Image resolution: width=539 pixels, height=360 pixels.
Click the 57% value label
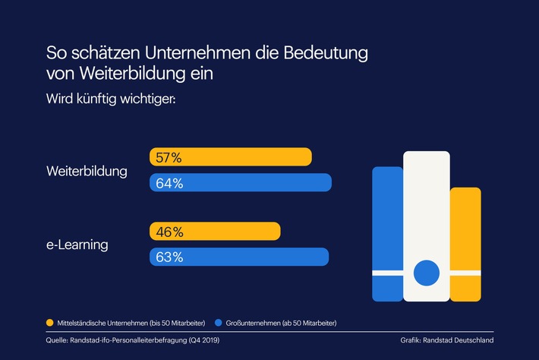tap(169, 157)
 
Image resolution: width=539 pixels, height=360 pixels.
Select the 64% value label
tap(169, 183)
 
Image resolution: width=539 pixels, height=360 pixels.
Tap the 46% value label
tap(169, 232)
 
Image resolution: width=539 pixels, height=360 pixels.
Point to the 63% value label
tap(169, 257)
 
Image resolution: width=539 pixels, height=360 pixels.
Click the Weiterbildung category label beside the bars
tap(87, 171)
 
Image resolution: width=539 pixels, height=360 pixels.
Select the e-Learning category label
tap(77, 245)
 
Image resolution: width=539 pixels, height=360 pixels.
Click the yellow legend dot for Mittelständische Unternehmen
tap(50, 323)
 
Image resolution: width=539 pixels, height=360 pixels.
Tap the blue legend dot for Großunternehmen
tap(219, 323)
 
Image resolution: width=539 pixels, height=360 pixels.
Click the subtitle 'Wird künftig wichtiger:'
tap(111, 99)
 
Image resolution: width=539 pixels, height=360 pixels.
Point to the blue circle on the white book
tap(426, 271)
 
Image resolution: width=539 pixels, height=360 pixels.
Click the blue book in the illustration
tap(387, 232)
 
